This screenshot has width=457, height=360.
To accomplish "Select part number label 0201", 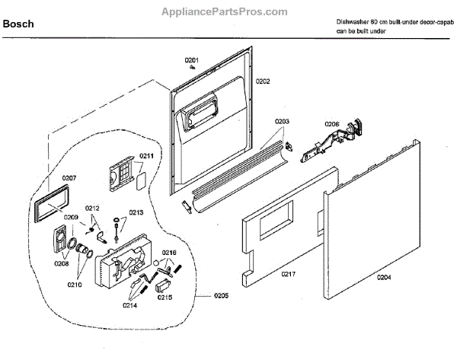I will click(x=190, y=60).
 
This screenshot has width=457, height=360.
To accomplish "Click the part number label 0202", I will click(x=263, y=81).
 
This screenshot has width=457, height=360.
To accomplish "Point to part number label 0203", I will click(x=282, y=122).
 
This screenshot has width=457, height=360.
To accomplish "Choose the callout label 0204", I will click(x=384, y=277).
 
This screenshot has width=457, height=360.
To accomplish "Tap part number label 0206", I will click(x=332, y=124).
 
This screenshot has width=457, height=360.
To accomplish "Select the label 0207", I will click(x=70, y=178).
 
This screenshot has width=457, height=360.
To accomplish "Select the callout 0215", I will click(x=165, y=298).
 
